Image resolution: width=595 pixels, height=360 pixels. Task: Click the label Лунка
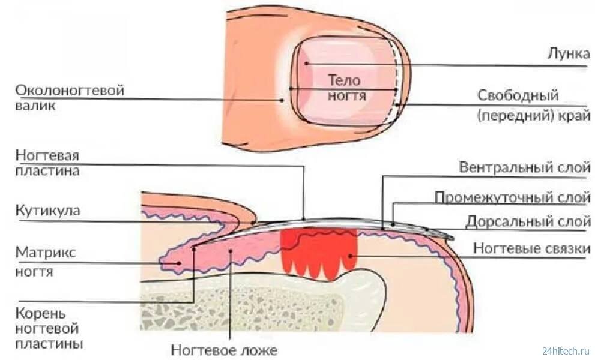pyautogui.click(x=568, y=53)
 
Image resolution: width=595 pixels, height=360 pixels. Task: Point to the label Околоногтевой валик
pyautogui.click(x=70, y=98)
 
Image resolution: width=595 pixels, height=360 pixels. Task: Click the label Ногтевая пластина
pyautogui.click(x=47, y=163)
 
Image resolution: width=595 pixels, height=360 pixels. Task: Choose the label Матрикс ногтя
pyautogui.click(x=46, y=262)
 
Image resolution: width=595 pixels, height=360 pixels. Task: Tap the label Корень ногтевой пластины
pyautogui.click(x=49, y=329)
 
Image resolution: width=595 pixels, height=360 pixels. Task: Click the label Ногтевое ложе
pyautogui.click(x=224, y=350)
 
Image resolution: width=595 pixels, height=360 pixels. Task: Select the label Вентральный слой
pyautogui.click(x=524, y=167)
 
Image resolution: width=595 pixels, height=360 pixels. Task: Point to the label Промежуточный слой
pyautogui.click(x=512, y=197)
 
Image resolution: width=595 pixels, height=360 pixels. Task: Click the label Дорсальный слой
pyautogui.click(x=528, y=221)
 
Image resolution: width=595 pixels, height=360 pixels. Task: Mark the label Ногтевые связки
pyautogui.click(x=531, y=249)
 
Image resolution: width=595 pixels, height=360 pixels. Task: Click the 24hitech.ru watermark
pyautogui.click(x=566, y=350)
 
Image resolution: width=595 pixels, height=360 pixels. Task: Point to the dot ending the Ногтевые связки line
pyautogui.click(x=350, y=256)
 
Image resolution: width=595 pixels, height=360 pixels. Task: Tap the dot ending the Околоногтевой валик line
pyautogui.click(x=282, y=100)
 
